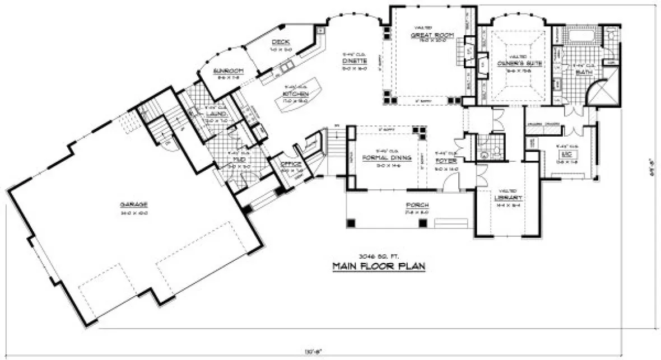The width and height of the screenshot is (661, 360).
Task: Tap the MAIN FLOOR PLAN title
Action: tap(378, 266)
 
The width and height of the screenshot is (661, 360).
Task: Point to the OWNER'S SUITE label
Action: tap(517, 63)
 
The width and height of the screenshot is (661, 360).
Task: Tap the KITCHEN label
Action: tap(296, 93)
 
